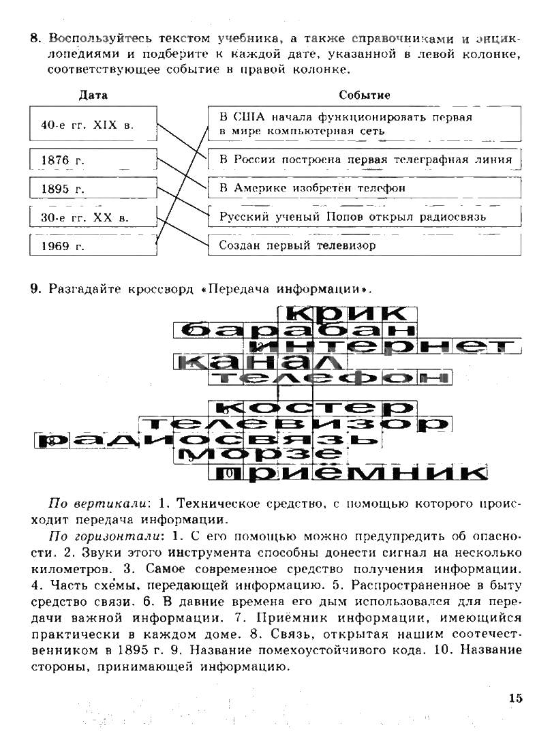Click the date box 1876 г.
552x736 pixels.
(93, 161)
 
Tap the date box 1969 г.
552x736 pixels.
(93, 246)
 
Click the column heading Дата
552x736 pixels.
(93, 95)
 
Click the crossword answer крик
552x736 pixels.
(348, 313)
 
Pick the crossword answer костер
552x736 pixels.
(313, 407)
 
